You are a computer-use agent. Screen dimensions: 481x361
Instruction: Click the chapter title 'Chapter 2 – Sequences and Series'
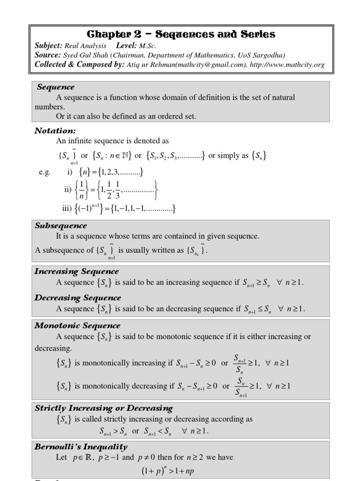click(x=181, y=34)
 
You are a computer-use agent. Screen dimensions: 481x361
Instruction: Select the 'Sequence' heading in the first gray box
click(x=55, y=87)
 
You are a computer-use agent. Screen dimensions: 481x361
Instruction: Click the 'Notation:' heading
click(x=55, y=131)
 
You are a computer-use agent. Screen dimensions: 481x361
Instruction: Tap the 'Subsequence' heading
click(x=61, y=225)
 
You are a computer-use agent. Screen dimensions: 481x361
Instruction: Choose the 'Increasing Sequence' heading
click(x=77, y=272)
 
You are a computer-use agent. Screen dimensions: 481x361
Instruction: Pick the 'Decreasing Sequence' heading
click(x=78, y=298)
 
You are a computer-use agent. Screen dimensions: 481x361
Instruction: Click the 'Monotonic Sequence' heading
click(x=78, y=325)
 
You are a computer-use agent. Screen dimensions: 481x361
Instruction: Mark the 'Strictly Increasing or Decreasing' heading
click(x=104, y=408)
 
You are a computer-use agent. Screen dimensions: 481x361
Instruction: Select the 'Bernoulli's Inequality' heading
click(x=81, y=447)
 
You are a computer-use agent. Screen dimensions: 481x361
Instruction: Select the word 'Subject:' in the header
click(x=48, y=46)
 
